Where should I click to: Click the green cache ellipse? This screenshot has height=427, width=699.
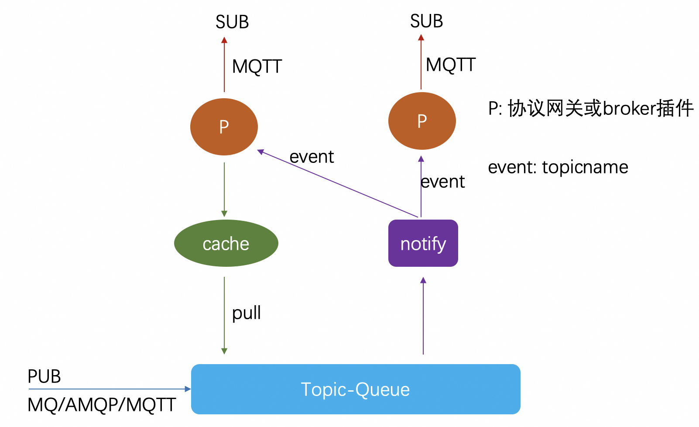pos(226,243)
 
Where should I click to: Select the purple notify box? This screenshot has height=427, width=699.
pos(423,243)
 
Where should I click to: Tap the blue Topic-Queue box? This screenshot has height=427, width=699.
pos(356,389)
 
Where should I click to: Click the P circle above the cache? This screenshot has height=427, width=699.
pos(224,127)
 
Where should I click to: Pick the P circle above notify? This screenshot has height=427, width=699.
pos(422,121)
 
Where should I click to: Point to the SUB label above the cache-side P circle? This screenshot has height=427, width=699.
pos(232,22)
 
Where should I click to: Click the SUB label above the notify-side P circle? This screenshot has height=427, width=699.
pos(426,21)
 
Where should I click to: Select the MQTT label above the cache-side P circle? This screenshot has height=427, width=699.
pos(257,66)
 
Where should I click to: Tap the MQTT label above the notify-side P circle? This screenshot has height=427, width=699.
pos(450,65)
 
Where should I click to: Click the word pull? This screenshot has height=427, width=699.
pos(247,313)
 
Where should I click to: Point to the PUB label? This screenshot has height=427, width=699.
pos(44,376)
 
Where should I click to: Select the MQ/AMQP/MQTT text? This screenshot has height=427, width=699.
pos(102,405)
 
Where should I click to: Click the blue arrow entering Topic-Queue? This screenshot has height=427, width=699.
pos(109,389)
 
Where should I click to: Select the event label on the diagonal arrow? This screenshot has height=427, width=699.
pos(312,157)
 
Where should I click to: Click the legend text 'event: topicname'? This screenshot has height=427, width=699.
pos(558,167)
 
